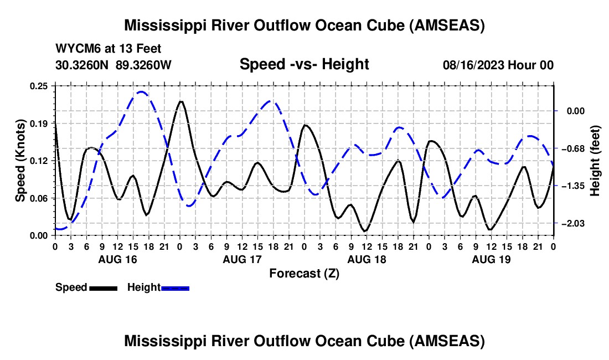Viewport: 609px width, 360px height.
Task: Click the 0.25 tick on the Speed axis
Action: click(x=39, y=86)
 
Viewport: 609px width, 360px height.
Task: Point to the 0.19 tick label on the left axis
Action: click(x=39, y=124)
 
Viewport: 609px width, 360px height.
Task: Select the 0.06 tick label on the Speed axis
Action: click(x=39, y=198)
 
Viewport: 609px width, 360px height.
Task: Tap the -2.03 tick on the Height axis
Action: click(x=574, y=223)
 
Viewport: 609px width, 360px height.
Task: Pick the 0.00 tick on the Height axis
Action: click(x=575, y=111)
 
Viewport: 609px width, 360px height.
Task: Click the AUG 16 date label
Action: click(x=118, y=259)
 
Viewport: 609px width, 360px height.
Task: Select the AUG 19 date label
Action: click(x=491, y=259)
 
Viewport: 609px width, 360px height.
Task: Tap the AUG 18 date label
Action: click(x=367, y=259)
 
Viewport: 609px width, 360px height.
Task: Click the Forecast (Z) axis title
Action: click(x=304, y=274)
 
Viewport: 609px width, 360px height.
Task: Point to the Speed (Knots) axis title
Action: click(x=20, y=161)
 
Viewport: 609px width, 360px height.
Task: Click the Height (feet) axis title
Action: click(x=595, y=161)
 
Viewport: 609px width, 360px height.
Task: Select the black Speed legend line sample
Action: click(x=104, y=288)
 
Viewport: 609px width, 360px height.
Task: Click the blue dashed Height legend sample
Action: click(x=175, y=288)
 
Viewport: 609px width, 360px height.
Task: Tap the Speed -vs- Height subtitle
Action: click(x=304, y=64)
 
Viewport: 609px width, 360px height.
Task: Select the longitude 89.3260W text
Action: click(x=143, y=65)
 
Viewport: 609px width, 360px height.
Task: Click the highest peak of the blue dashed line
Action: click(x=141, y=92)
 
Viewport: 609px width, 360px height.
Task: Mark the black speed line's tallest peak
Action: click(x=180, y=101)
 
